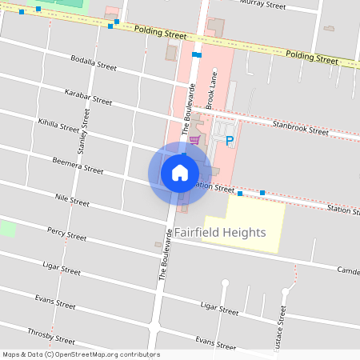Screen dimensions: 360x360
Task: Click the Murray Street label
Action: (263, 5)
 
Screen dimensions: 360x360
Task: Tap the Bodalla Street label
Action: (94, 63)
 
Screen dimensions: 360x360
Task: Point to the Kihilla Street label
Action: (58, 126)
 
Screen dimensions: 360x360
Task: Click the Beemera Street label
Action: (78, 166)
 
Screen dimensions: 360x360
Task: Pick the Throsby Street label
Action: (50, 337)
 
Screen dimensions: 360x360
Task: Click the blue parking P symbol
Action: (230, 141)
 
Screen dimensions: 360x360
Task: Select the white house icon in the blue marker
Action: (180, 173)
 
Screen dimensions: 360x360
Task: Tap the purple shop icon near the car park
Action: (194, 139)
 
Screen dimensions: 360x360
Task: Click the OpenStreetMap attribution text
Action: (81, 354)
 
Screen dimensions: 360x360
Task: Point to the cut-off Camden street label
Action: (348, 270)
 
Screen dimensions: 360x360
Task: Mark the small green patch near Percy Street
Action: (7, 228)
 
